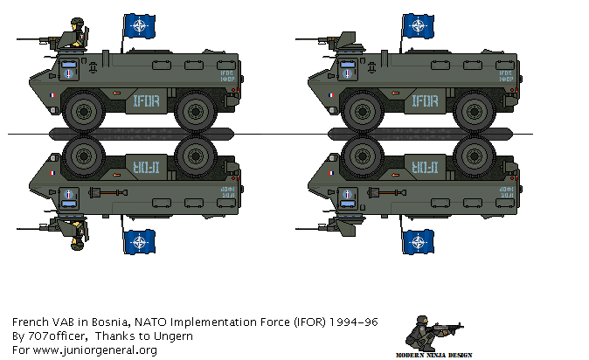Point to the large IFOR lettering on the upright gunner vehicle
(x=143, y=100)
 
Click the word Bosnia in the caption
(x=110, y=322)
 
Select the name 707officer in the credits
(x=50, y=336)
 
